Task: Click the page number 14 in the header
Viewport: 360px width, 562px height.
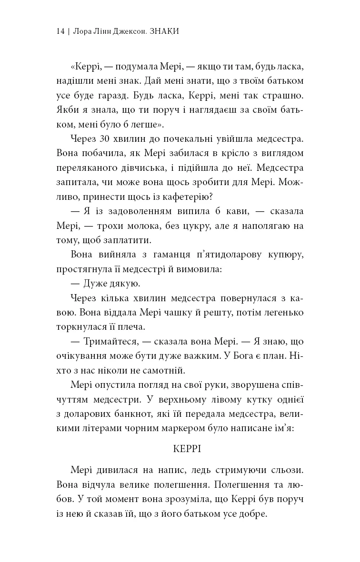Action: [60, 32]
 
